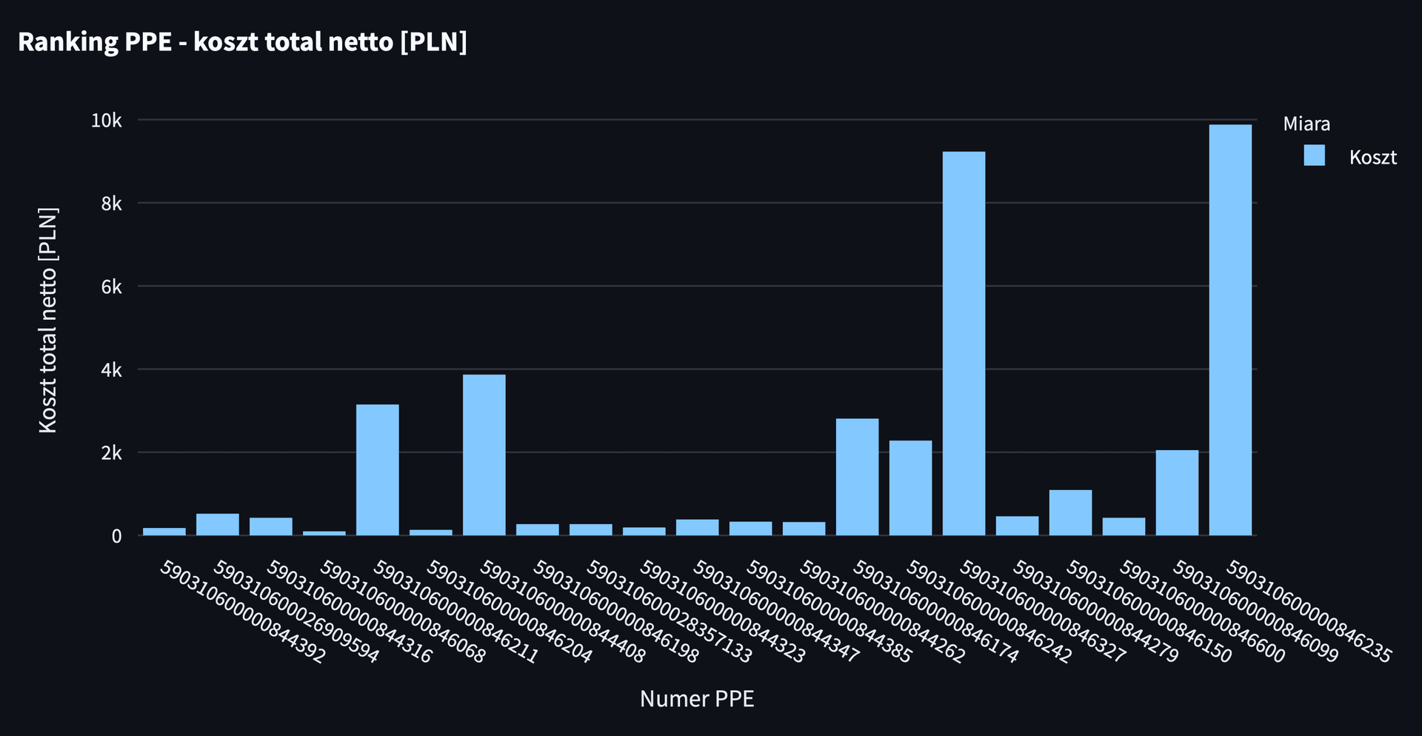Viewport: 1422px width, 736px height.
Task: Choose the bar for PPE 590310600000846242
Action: coord(964,344)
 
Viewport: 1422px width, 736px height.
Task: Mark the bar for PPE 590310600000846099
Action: coord(1177,492)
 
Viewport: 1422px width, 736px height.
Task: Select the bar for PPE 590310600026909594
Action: coord(218,524)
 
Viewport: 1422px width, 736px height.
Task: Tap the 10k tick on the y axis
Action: coord(106,120)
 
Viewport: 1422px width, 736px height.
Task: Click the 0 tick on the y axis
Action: coord(116,536)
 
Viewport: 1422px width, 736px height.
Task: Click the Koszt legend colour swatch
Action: coord(1314,155)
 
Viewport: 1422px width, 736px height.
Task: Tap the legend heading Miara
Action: coord(1306,124)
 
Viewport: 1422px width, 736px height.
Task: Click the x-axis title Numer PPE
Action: coord(697,699)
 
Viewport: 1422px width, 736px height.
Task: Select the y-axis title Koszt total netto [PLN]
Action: coord(47,320)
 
